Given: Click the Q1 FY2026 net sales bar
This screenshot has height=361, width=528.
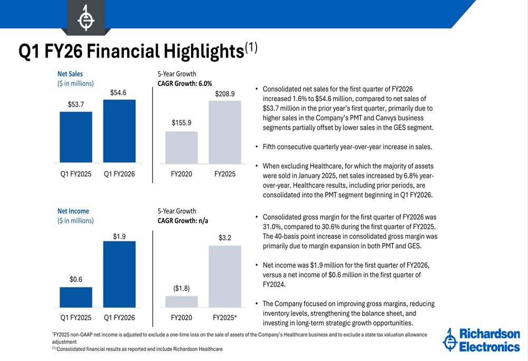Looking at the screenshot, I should tap(119, 131).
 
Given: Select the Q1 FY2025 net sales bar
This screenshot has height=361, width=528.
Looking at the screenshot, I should tap(76, 136).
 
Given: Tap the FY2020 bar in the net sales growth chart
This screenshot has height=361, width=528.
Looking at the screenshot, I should tap(182, 147).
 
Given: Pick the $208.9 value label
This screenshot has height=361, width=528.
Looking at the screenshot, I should tap(224, 94).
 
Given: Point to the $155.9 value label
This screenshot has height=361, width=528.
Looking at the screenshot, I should tap(182, 123).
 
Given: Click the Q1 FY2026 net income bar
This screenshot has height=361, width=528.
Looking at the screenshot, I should tap(119, 274).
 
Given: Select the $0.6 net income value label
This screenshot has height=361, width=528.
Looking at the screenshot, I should tap(76, 279).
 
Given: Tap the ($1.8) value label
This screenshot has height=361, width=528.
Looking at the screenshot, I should tap(181, 288).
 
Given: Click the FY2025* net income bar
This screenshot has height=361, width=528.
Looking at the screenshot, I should tap(224, 276).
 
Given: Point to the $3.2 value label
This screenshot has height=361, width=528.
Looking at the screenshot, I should tap(224, 238).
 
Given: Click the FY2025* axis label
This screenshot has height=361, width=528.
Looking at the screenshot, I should tap(224, 318).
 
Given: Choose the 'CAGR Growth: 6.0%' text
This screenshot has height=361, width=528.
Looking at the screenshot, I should tap(185, 83).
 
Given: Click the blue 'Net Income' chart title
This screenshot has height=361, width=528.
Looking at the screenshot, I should tap(73, 211).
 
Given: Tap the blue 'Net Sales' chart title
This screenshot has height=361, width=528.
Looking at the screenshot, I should tap(70, 74).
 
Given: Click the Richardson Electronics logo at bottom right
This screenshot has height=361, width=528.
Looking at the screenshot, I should tap(481, 340).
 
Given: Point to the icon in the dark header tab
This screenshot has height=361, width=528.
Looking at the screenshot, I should tap(86, 18).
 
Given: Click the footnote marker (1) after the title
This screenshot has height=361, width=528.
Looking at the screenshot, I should tap(251, 47).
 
